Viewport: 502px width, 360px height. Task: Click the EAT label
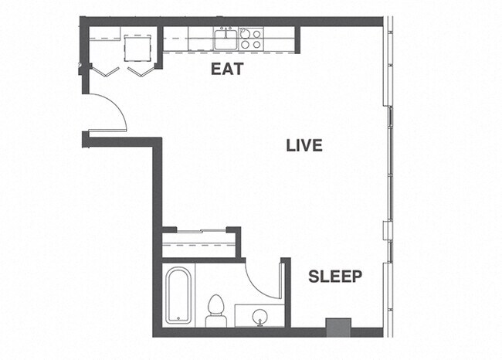pyautogui.click(x=227, y=69)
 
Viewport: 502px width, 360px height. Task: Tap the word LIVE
pyautogui.click(x=304, y=145)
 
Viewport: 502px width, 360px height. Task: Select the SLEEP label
pyautogui.click(x=336, y=277)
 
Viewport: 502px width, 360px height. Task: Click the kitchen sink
pyautogui.click(x=226, y=39)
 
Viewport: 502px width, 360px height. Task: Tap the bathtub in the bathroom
pyautogui.click(x=178, y=296)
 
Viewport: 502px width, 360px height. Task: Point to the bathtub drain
pyautogui.click(x=178, y=317)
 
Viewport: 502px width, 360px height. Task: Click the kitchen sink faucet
pyautogui.click(x=226, y=30)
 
